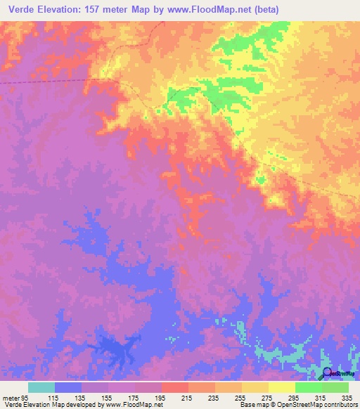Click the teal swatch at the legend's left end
coord(41,387)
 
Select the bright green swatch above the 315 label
coord(309,387)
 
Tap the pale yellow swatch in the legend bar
coord(282,387)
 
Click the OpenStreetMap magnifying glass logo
coord(328,373)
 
